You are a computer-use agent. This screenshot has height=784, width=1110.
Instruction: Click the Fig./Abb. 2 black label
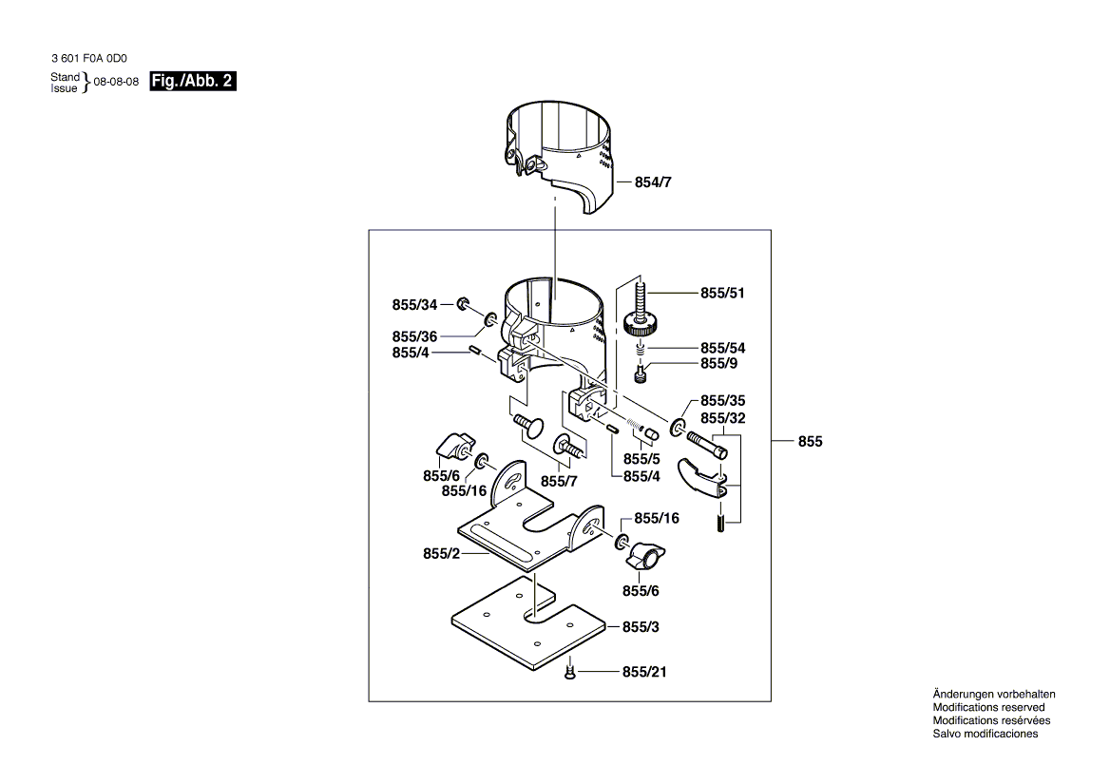pyautogui.click(x=193, y=82)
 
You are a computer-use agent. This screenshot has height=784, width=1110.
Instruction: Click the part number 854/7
pyautogui.click(x=653, y=182)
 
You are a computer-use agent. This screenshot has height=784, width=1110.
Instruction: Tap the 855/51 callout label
pyautogui.click(x=723, y=293)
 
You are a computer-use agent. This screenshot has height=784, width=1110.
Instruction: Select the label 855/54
pyautogui.click(x=723, y=348)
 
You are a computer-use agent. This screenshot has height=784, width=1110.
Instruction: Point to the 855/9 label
pyautogui.click(x=719, y=363)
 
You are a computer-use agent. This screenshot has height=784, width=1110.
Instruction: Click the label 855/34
pyautogui.click(x=415, y=305)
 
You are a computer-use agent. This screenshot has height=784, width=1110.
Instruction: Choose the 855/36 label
pyautogui.click(x=415, y=336)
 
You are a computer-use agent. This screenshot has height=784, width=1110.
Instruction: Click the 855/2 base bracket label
pyautogui.click(x=442, y=554)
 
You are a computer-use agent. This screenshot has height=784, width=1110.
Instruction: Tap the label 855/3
pyautogui.click(x=641, y=627)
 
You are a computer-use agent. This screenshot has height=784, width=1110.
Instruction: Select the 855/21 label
pyautogui.click(x=644, y=672)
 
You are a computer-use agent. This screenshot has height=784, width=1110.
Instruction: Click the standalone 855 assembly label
pyautogui.click(x=810, y=442)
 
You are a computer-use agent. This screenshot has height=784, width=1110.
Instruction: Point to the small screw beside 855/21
pyautogui.click(x=569, y=672)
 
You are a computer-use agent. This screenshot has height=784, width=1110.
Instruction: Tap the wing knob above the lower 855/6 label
pyautogui.click(x=645, y=555)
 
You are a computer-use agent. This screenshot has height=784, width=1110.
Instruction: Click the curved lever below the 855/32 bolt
pyautogui.click(x=701, y=480)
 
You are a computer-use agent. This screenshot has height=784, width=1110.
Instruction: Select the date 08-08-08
pyautogui.click(x=117, y=82)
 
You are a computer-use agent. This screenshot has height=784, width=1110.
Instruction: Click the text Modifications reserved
pyautogui.click(x=988, y=708)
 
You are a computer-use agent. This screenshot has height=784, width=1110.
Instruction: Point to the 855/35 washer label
pyautogui.click(x=723, y=400)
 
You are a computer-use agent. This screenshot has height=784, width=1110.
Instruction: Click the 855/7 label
pyautogui.click(x=559, y=482)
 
